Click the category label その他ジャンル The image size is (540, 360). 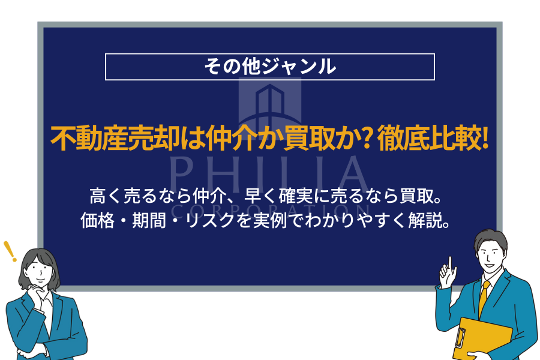pos(269,67)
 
